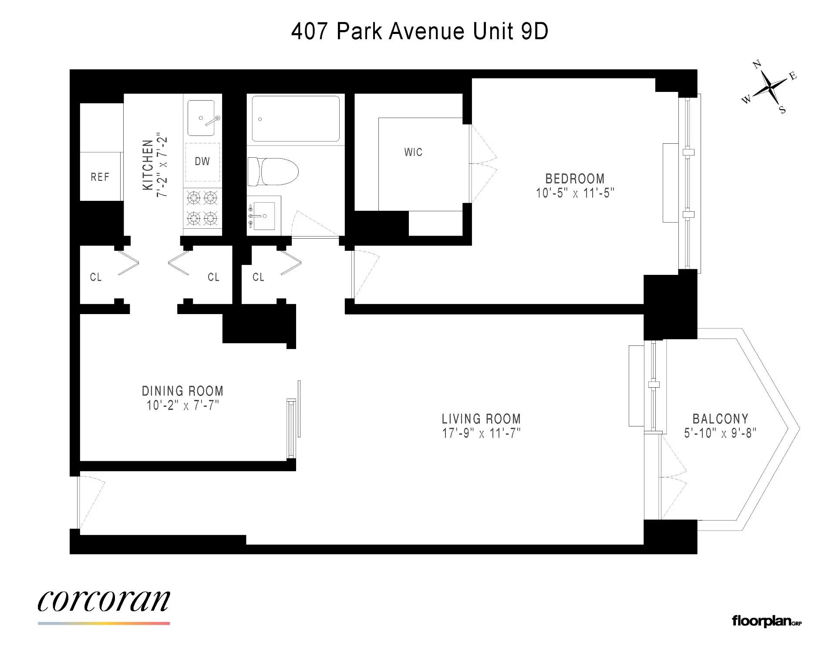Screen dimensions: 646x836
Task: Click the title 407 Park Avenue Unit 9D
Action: (419, 31)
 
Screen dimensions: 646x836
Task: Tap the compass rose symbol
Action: (770, 88)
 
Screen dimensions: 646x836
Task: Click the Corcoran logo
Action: (104, 602)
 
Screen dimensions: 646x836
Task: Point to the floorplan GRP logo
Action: (766, 621)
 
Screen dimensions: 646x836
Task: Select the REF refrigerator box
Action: (100, 177)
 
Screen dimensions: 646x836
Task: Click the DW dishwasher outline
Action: (202, 162)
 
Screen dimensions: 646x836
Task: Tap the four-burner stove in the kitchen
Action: (202, 208)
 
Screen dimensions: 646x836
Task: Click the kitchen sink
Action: (201, 118)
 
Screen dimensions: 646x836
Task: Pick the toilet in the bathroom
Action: (273, 171)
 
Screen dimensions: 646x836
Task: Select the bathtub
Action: (296, 118)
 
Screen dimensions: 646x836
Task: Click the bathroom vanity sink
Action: (264, 216)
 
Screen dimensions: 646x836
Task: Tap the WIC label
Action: (413, 152)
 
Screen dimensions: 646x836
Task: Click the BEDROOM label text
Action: (575, 179)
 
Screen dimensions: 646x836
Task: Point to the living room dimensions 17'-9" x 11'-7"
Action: (481, 433)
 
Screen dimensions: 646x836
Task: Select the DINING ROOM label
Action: (182, 391)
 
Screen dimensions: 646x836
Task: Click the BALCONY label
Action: (720, 419)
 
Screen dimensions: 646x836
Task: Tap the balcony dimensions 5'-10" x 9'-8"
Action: (720, 433)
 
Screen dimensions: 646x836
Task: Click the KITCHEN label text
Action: (148, 165)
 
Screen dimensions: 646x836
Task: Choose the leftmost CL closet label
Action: (96, 277)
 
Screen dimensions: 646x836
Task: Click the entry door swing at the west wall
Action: (90, 501)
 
